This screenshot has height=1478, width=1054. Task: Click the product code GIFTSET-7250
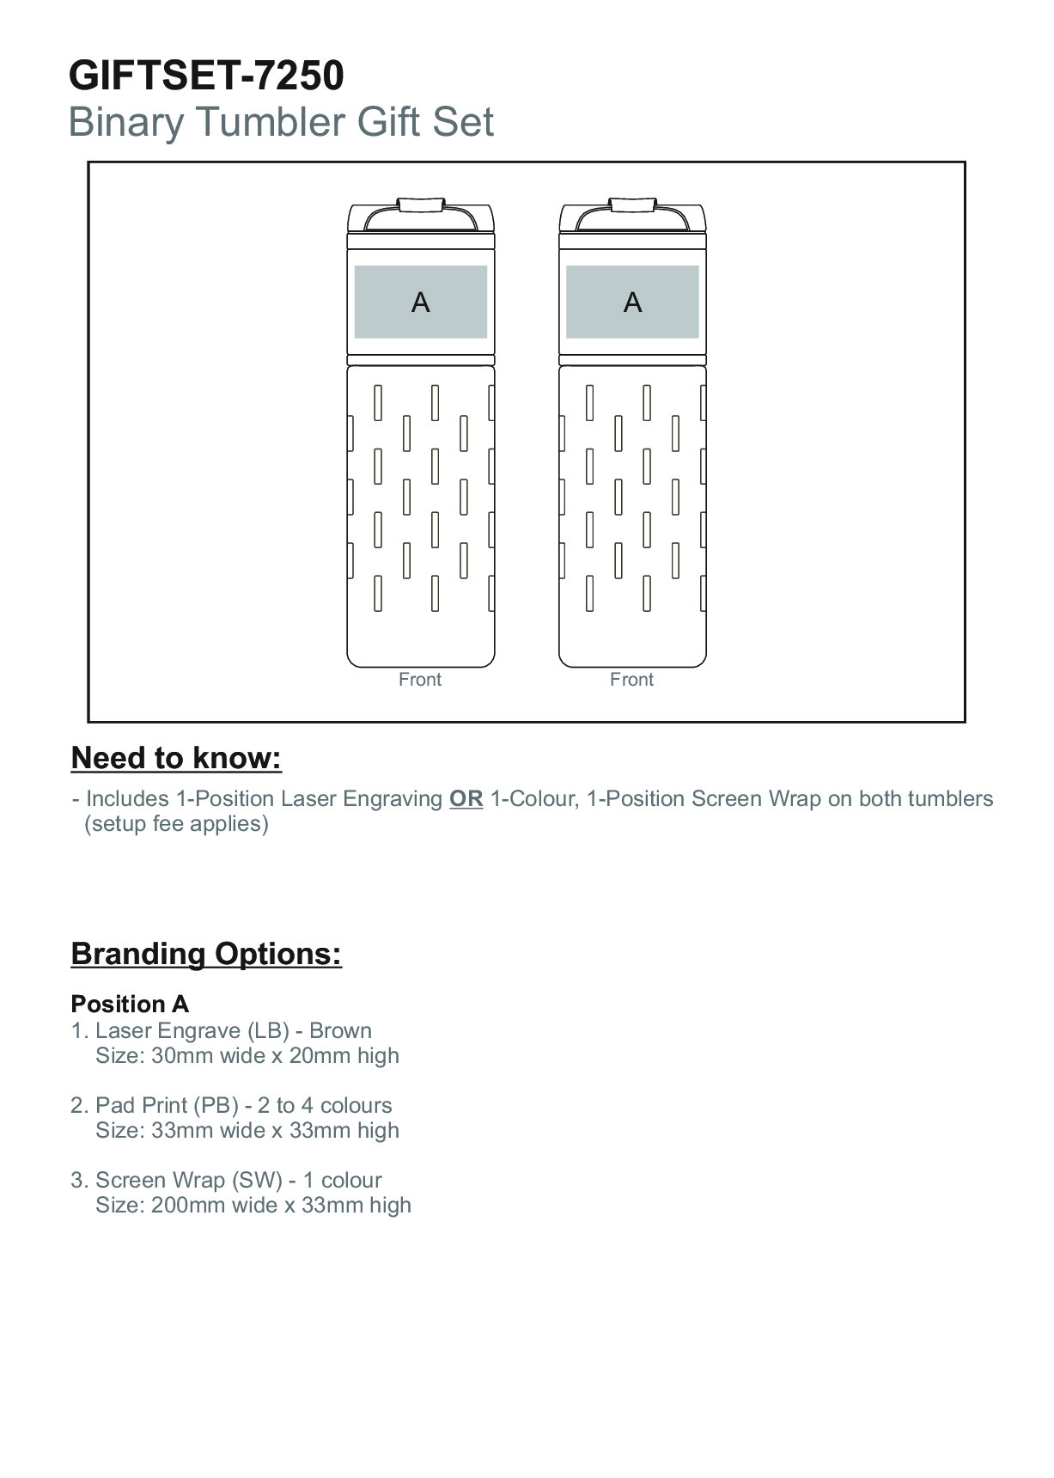[206, 76]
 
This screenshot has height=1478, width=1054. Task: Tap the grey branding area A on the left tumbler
[420, 302]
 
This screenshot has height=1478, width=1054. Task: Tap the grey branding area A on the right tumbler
[632, 302]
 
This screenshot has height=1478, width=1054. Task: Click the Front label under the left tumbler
[420, 680]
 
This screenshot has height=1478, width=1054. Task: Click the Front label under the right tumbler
[631, 680]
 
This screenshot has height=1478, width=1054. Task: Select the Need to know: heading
[176, 758]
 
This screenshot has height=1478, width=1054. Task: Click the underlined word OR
[466, 799]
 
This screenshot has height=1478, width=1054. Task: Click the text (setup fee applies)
[176, 824]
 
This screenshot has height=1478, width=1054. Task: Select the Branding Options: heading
[206, 954]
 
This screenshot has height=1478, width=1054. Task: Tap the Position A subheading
[130, 1005]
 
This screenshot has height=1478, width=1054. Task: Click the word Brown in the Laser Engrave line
[340, 1031]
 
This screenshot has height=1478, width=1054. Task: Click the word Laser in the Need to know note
[308, 799]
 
